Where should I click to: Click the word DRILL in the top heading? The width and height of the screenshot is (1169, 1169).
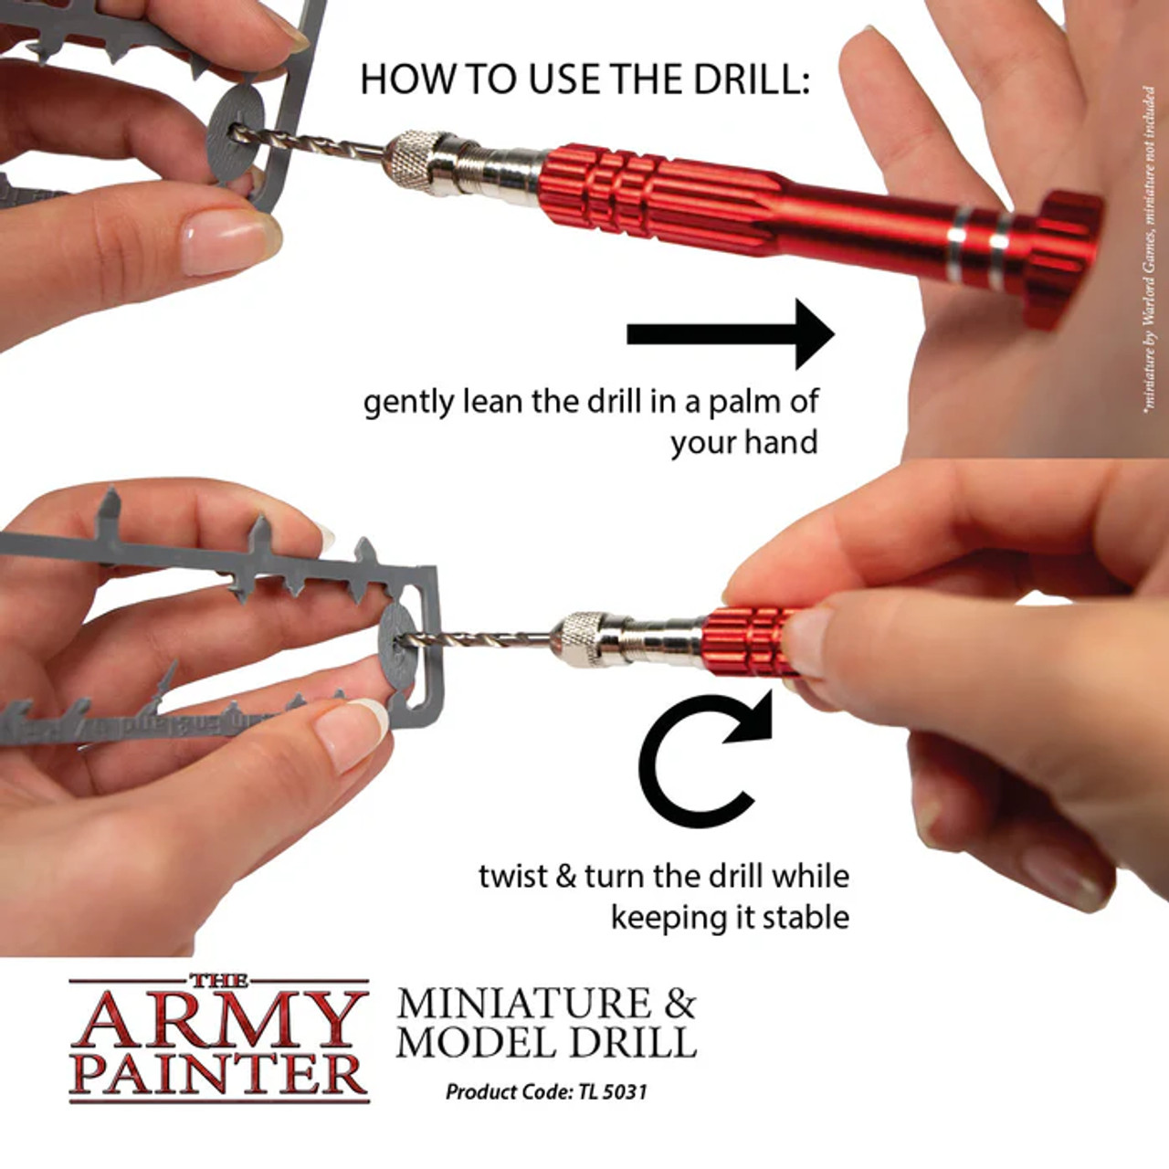[x=749, y=80]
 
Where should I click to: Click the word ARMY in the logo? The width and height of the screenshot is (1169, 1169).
[x=219, y=1020]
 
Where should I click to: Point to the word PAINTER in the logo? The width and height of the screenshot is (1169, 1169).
[x=219, y=1074]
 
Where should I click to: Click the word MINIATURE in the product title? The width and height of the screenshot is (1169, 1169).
[x=524, y=1004]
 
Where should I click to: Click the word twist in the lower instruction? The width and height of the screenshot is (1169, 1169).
[x=512, y=876]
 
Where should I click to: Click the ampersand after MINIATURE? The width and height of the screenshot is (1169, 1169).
[x=679, y=1004]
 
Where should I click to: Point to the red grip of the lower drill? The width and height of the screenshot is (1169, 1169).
[x=744, y=639]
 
